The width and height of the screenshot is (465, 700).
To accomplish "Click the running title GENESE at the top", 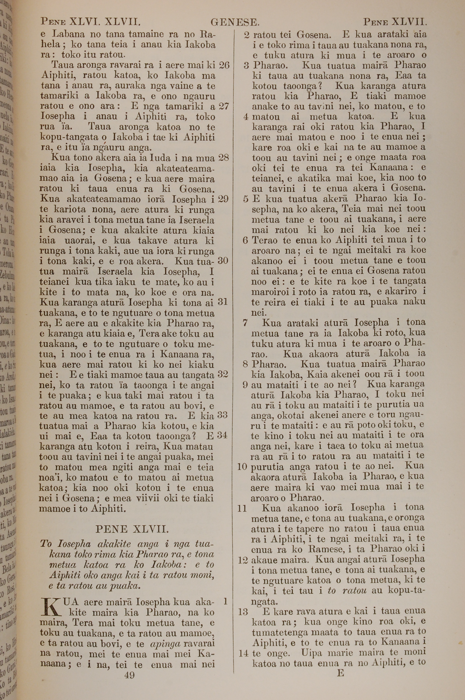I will (x=235, y=22).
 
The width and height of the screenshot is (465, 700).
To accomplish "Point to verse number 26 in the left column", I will (x=224, y=65).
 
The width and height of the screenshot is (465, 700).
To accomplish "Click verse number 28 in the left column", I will (x=224, y=158).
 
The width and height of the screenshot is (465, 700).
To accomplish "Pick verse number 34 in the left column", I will (x=223, y=435).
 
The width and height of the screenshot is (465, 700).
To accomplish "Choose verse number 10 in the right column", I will (x=242, y=467).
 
